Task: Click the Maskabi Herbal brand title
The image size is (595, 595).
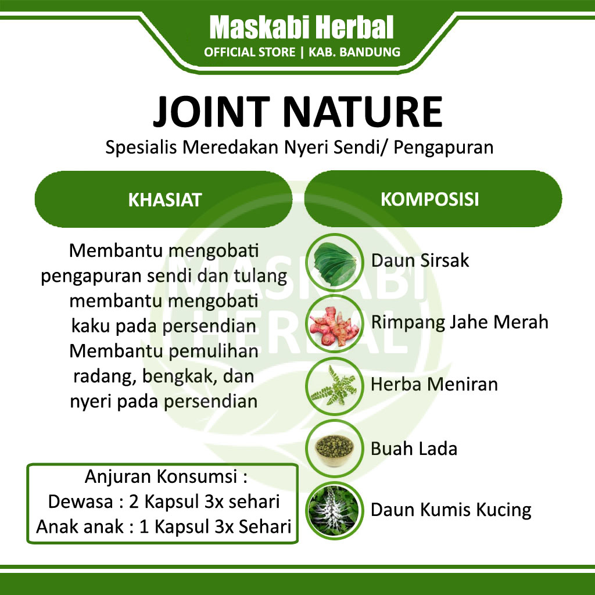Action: [302, 27]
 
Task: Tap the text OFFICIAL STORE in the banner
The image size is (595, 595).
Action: [249, 52]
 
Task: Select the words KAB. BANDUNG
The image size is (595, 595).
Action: [354, 52]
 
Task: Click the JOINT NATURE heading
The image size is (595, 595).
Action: [297, 112]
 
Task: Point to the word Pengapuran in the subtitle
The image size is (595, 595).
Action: [443, 148]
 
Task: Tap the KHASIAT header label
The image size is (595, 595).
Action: [164, 200]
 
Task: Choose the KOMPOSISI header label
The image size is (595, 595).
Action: [429, 199]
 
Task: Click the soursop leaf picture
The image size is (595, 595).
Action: [334, 261]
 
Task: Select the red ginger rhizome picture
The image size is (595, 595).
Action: [334, 324]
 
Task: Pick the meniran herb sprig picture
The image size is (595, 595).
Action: [334, 386]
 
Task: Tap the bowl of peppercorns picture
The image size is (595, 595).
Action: [334, 449]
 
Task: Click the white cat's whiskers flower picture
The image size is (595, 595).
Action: [334, 510]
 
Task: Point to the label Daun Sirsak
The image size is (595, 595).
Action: [420, 261]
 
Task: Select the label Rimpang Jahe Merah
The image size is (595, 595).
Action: [460, 322]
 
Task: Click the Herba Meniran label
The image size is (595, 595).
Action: [434, 385]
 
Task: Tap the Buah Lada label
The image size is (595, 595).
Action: [414, 449]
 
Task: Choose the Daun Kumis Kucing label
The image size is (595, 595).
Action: [451, 510]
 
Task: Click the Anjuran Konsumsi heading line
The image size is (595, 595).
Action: [166, 477]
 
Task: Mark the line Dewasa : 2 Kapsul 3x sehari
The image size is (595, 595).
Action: [164, 501]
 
